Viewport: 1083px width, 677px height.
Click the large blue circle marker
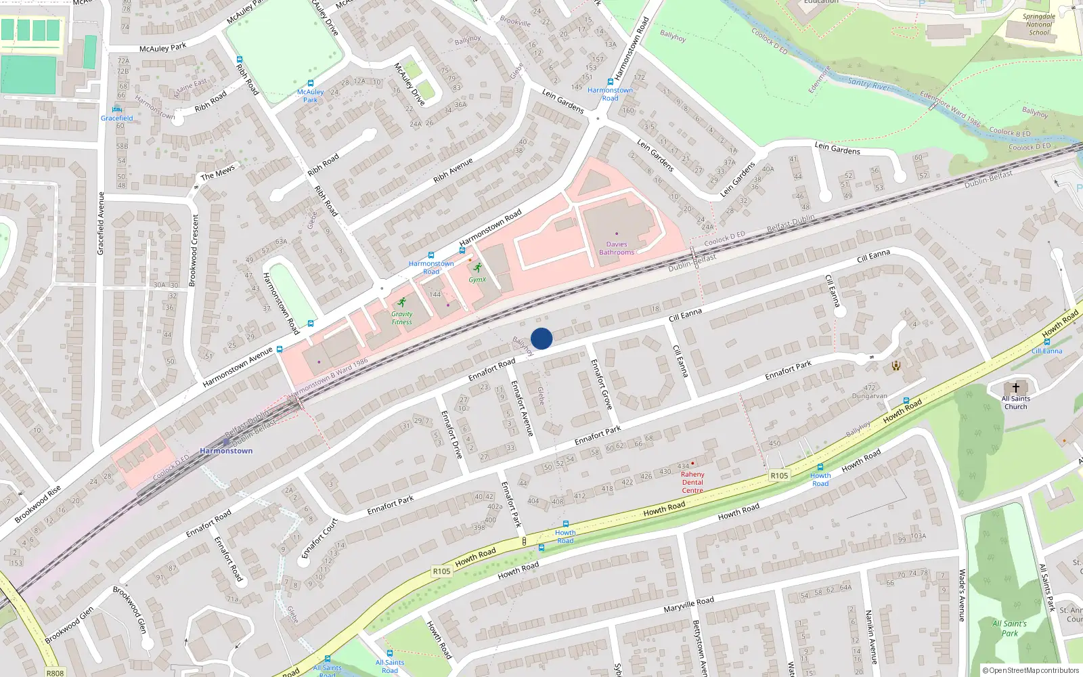point(541,338)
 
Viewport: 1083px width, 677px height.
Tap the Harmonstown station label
point(226,451)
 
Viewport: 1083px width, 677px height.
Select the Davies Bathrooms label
point(617,248)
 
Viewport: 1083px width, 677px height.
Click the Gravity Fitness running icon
point(402,303)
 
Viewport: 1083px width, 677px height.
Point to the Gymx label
point(477,280)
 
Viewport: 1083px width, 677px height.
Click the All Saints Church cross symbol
point(1015,388)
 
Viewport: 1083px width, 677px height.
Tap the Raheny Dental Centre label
point(692,482)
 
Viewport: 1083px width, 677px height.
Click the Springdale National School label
point(1039,24)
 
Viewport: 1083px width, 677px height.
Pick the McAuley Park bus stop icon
point(310,83)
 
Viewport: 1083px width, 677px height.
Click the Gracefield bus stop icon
point(116,109)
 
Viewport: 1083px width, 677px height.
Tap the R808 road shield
point(55,673)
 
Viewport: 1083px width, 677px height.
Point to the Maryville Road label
point(688,604)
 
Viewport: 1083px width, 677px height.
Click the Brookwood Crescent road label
point(194,250)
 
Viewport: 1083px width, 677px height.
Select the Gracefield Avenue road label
point(101,223)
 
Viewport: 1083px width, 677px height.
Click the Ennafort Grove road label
point(601,384)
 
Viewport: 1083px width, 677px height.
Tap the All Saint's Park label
point(1009,628)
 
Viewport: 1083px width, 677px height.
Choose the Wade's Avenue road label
point(962,595)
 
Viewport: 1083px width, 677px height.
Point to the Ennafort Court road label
point(319,539)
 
